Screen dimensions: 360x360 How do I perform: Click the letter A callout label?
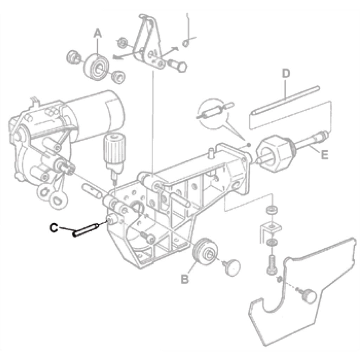click(98, 33)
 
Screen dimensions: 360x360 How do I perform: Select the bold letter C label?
click(54, 228)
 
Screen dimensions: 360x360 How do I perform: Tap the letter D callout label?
click(286, 73)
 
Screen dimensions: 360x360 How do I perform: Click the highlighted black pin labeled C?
click(86, 230)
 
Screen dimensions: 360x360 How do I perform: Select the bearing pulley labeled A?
click(97, 67)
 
